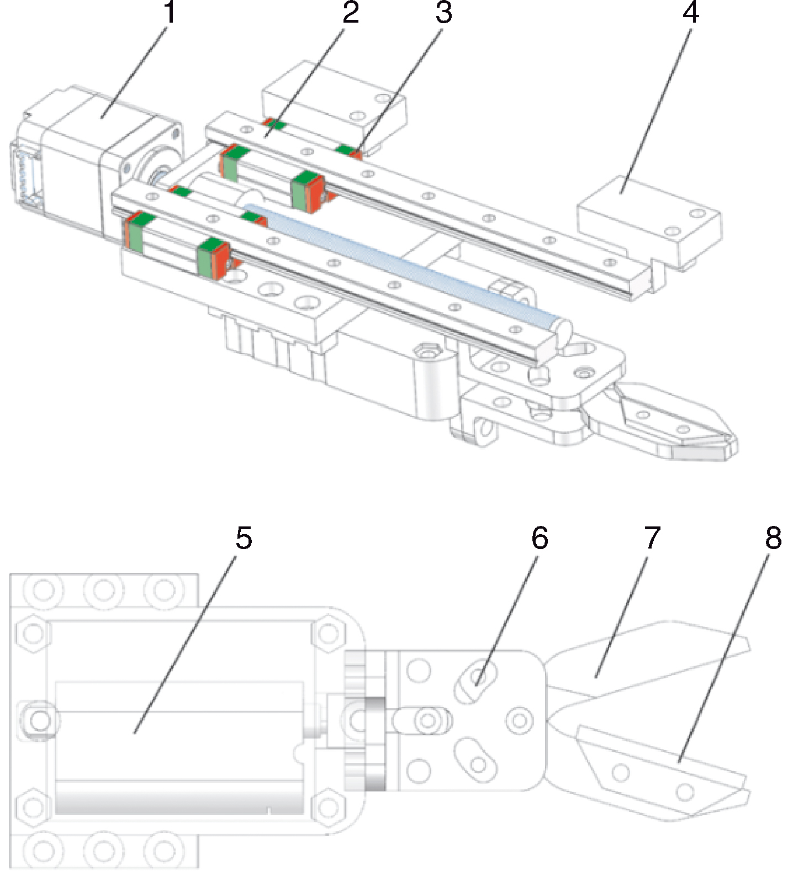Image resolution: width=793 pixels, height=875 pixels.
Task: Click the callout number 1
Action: [170, 13]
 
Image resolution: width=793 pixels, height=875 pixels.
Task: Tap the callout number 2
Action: [350, 13]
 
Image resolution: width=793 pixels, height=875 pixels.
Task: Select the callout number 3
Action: [443, 13]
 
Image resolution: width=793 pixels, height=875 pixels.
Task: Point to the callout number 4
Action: [690, 13]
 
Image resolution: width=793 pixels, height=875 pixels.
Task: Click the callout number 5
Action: [244, 539]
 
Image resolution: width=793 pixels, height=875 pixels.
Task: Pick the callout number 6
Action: [540, 539]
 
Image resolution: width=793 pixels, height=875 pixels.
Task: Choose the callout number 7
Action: [652, 539]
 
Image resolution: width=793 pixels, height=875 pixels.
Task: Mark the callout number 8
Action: [773, 539]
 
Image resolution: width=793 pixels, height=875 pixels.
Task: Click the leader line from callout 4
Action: [657, 105]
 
